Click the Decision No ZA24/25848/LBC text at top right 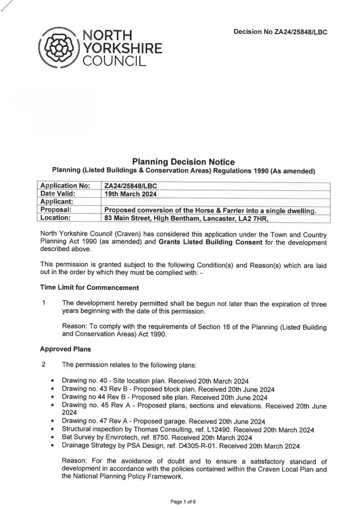coord(280,32)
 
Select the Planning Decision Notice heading coord(183,162)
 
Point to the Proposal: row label coord(56,209)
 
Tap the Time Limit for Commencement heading coord(90,287)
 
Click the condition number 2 coord(44,364)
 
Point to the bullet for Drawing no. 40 coord(53,381)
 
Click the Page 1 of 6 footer coord(183,502)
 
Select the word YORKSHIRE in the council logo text coord(122,48)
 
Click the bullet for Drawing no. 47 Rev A coord(53,421)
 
